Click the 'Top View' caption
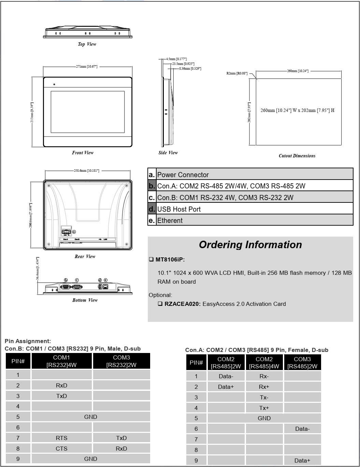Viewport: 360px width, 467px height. (x=87, y=44)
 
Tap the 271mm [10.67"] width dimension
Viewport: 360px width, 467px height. (x=86, y=66)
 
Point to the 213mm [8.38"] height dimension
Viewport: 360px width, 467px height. (x=32, y=112)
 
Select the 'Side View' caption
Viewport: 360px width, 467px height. (x=168, y=153)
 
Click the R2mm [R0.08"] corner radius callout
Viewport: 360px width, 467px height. (x=237, y=73)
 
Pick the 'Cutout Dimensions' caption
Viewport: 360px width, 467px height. (x=297, y=156)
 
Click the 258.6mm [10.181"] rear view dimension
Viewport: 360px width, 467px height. (x=87, y=170)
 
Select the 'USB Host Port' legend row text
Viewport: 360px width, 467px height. (x=179, y=209)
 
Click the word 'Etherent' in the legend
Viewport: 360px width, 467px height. (x=170, y=221)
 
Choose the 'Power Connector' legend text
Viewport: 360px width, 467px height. (x=183, y=175)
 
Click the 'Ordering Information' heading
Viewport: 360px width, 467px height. (x=250, y=245)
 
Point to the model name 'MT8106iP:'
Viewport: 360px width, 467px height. (x=170, y=259)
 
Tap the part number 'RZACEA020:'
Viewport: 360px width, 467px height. (x=183, y=304)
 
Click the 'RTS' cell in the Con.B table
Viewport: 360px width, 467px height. (x=61, y=438)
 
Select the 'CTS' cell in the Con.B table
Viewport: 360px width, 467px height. (x=61, y=449)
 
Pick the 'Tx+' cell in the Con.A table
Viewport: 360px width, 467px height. (x=264, y=408)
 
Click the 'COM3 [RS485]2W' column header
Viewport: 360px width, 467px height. (x=302, y=363)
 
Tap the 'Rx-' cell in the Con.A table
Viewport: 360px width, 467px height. (x=264, y=376)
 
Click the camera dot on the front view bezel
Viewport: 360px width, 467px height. (x=54, y=84)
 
